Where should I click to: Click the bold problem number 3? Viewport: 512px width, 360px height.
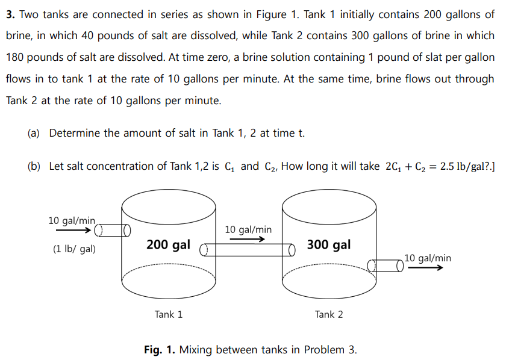click(x=10, y=14)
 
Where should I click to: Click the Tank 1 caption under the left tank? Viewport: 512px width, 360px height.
click(x=169, y=314)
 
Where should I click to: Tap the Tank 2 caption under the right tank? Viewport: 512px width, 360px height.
click(x=329, y=314)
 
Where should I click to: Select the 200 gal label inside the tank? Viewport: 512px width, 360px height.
click(x=168, y=245)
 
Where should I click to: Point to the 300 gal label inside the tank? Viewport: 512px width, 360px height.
click(x=328, y=244)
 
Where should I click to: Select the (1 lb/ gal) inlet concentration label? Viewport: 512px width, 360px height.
click(x=74, y=249)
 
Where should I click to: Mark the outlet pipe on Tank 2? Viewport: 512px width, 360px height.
click(x=386, y=265)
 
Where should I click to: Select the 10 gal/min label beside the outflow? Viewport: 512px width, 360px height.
click(x=428, y=258)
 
